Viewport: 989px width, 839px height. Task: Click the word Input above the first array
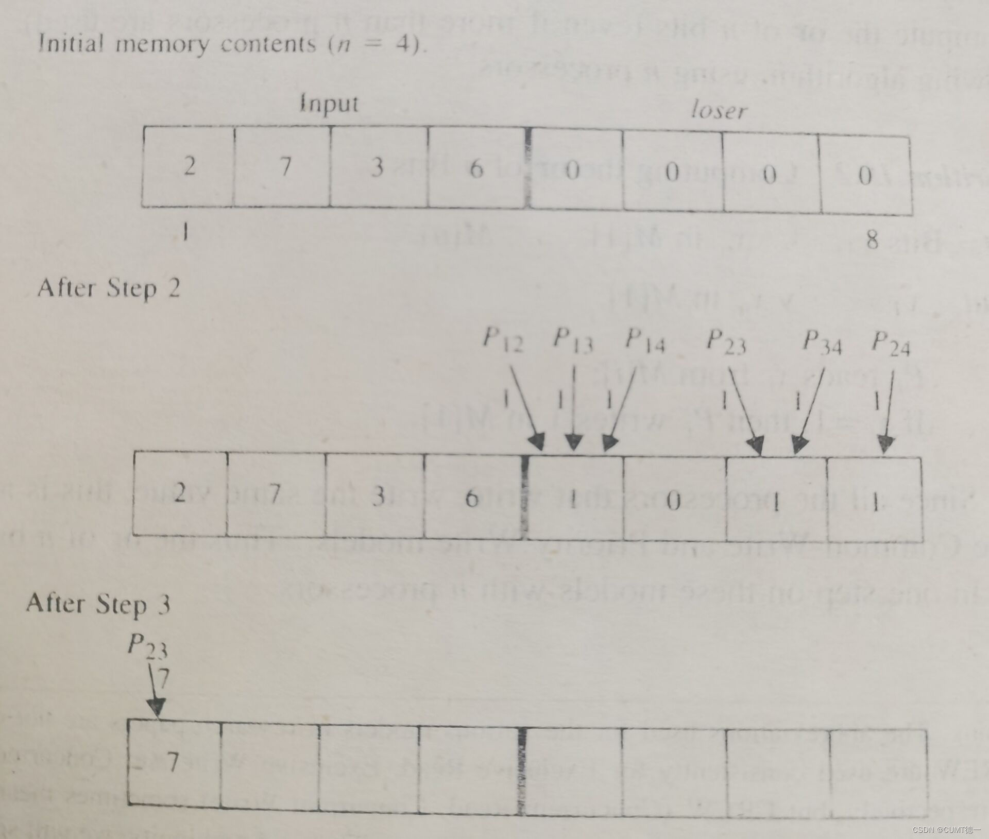tap(329, 105)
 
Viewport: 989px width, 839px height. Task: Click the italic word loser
tap(718, 110)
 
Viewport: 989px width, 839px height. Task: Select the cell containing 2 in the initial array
tap(189, 167)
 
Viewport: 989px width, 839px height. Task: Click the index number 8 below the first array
tap(872, 239)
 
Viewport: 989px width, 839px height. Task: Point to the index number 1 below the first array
tap(186, 233)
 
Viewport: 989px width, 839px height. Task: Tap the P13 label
tap(573, 340)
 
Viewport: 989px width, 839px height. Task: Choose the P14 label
tap(645, 341)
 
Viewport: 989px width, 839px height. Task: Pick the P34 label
tap(822, 343)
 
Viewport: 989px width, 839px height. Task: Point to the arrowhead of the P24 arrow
tap(886, 444)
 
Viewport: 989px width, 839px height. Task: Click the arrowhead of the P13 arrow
tap(574, 443)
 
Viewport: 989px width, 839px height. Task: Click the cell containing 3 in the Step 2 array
tap(379, 495)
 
